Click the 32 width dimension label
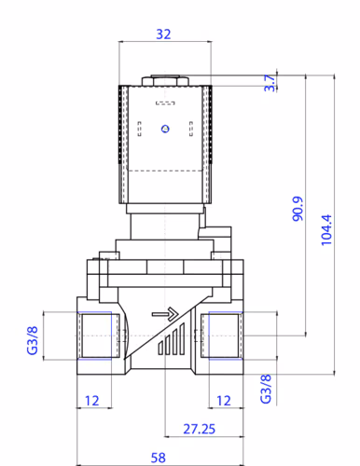click(163, 34)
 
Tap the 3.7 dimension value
click(270, 83)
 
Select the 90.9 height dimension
click(298, 209)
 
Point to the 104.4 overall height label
click(326, 230)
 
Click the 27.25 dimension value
click(199, 429)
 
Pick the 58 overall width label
click(159, 458)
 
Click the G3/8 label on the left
click(33, 340)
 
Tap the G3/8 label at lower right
click(266, 389)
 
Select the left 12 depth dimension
click(92, 401)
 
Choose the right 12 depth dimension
click(224, 401)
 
